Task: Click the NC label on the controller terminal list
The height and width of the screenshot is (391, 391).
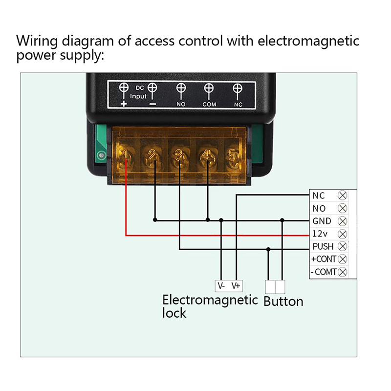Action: pyautogui.click(x=319, y=195)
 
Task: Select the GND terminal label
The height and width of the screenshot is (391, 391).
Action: pyautogui.click(x=322, y=221)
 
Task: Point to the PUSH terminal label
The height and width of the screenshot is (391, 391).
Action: pyautogui.click(x=324, y=246)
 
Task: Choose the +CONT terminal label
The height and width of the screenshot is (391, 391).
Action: pyautogui.click(x=324, y=259)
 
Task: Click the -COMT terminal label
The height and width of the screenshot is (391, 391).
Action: pyautogui.click(x=324, y=272)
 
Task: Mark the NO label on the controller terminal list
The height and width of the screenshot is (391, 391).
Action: pyautogui.click(x=319, y=208)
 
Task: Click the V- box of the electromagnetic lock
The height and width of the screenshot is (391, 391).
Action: pyautogui.click(x=221, y=285)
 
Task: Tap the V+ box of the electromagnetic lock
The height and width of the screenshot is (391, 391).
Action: pyautogui.click(x=236, y=285)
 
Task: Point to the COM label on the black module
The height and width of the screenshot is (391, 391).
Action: pyautogui.click(x=209, y=105)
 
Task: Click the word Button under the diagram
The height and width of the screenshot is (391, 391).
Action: pyautogui.click(x=283, y=302)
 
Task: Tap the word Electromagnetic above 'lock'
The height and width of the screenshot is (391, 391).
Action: pyautogui.click(x=210, y=300)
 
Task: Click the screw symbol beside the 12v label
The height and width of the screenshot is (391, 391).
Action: pyautogui.click(x=343, y=234)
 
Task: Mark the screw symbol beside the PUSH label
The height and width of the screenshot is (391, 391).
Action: pyautogui.click(x=343, y=246)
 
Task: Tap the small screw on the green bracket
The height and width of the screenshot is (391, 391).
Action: pyautogui.click(x=101, y=156)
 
